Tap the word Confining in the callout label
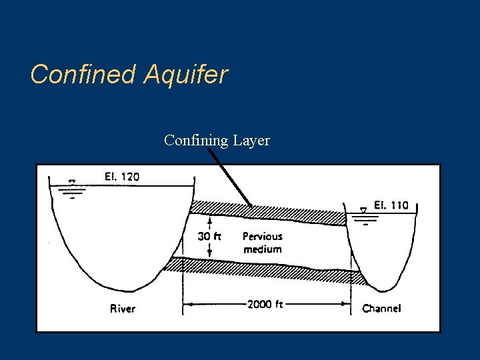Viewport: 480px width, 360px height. point(196,141)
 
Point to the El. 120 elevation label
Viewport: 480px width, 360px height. point(122,177)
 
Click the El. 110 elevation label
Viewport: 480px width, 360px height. point(391,205)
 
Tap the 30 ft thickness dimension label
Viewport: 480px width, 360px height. point(210,236)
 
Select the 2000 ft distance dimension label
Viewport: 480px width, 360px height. point(265,305)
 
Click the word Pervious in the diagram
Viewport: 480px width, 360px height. point(262,236)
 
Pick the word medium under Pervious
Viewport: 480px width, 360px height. point(262,249)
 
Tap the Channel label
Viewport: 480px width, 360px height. point(381,309)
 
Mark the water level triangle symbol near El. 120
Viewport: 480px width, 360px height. point(72,181)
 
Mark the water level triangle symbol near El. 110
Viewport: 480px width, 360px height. point(363,211)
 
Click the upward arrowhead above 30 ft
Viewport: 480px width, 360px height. point(210,220)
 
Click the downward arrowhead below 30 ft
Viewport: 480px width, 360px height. point(210,253)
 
